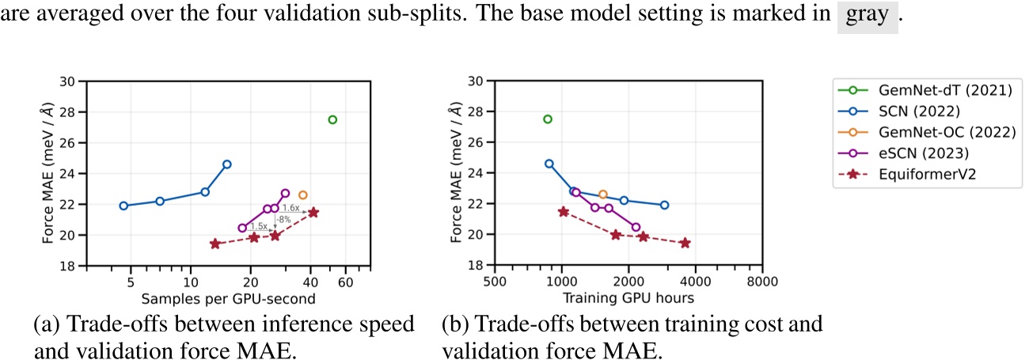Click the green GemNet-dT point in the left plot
[332, 119]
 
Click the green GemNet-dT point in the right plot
[547, 119]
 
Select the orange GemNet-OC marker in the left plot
[302, 195]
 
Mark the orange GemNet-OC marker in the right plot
[603, 194]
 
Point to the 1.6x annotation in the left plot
[290, 207]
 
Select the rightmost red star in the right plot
[685, 243]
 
